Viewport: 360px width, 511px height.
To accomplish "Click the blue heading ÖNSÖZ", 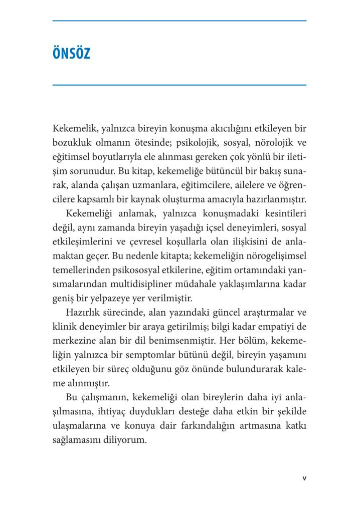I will (71, 53).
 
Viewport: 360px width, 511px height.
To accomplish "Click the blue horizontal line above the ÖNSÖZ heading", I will (179, 21).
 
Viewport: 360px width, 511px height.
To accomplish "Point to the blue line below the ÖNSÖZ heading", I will (179, 85).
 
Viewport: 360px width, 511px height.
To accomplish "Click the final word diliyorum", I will (124, 440).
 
